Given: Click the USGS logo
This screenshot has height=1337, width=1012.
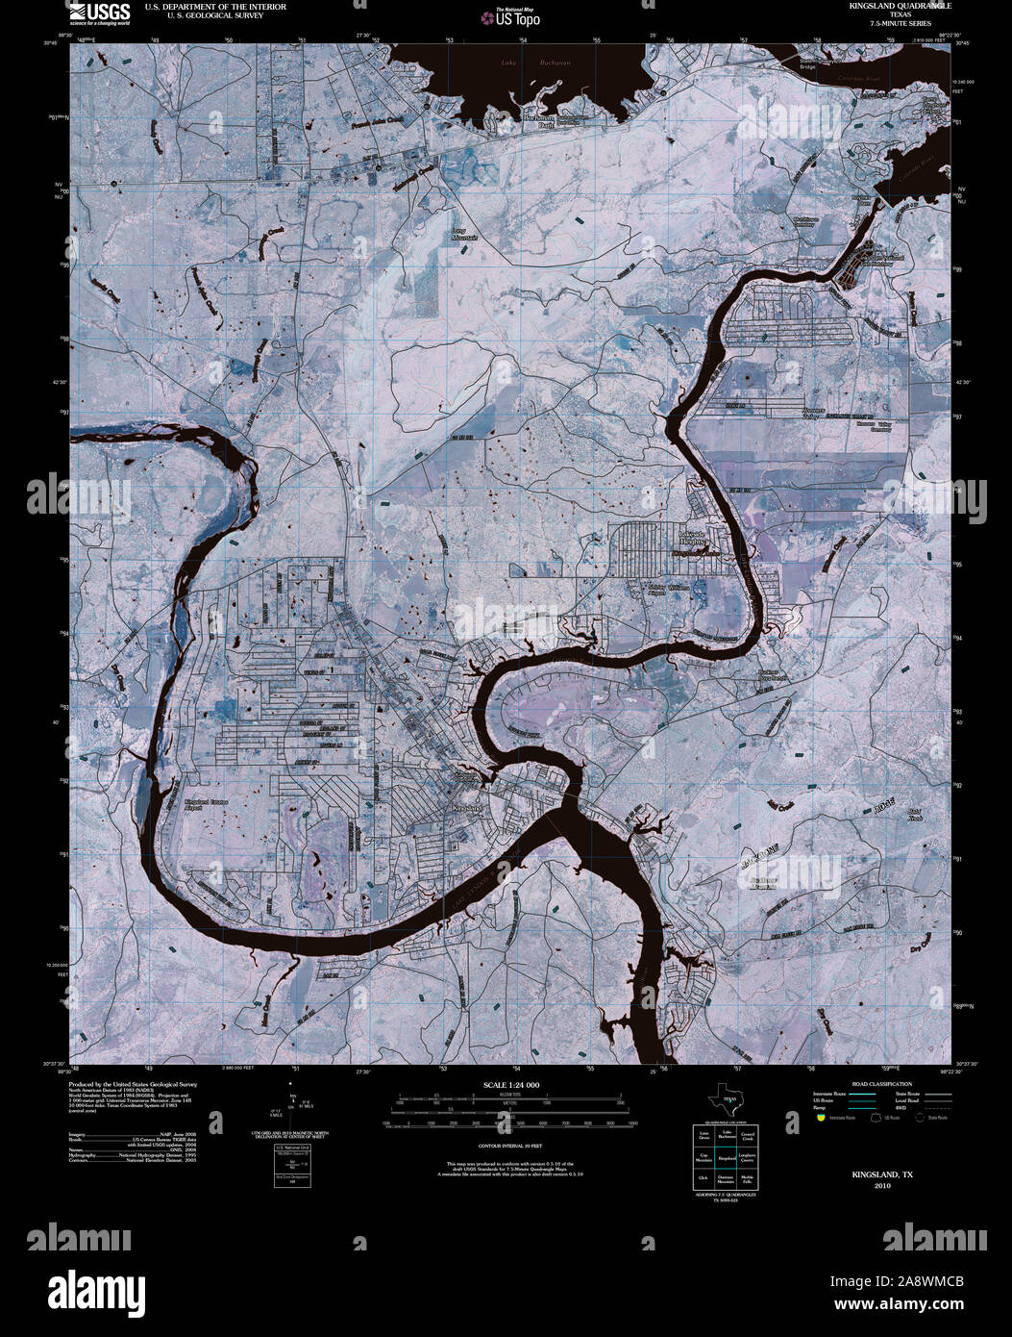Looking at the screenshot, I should tap(99, 13).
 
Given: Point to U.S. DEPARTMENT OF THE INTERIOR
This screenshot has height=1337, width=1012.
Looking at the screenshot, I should tap(215, 7).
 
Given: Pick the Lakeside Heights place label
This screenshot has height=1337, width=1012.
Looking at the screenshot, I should tap(693, 537).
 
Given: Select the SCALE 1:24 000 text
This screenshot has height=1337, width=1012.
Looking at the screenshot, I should tap(510, 1085).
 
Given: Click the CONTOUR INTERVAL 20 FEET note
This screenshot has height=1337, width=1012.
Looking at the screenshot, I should tap(510, 1146).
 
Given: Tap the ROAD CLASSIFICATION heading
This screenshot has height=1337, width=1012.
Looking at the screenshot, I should tap(875, 1084).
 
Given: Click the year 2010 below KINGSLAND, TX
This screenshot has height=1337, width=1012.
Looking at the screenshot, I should tap(882, 1186).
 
